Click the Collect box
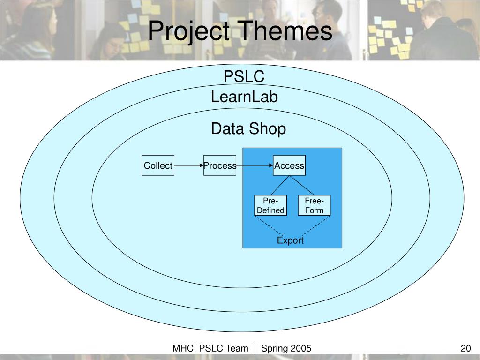pos(158,165)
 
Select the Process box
pos(220,165)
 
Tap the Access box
pos(289,165)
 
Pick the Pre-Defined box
pos(270,206)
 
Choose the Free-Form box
pos(314,206)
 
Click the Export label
pos(290,240)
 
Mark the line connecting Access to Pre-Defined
pos(280,185)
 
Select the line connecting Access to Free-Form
pos(302,185)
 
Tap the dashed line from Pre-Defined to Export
pos(269,225)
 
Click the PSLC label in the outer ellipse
pos(244,76)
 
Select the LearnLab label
pos(244,97)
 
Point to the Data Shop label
pos(248,128)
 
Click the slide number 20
pos(465,348)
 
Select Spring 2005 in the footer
pos(286,348)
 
